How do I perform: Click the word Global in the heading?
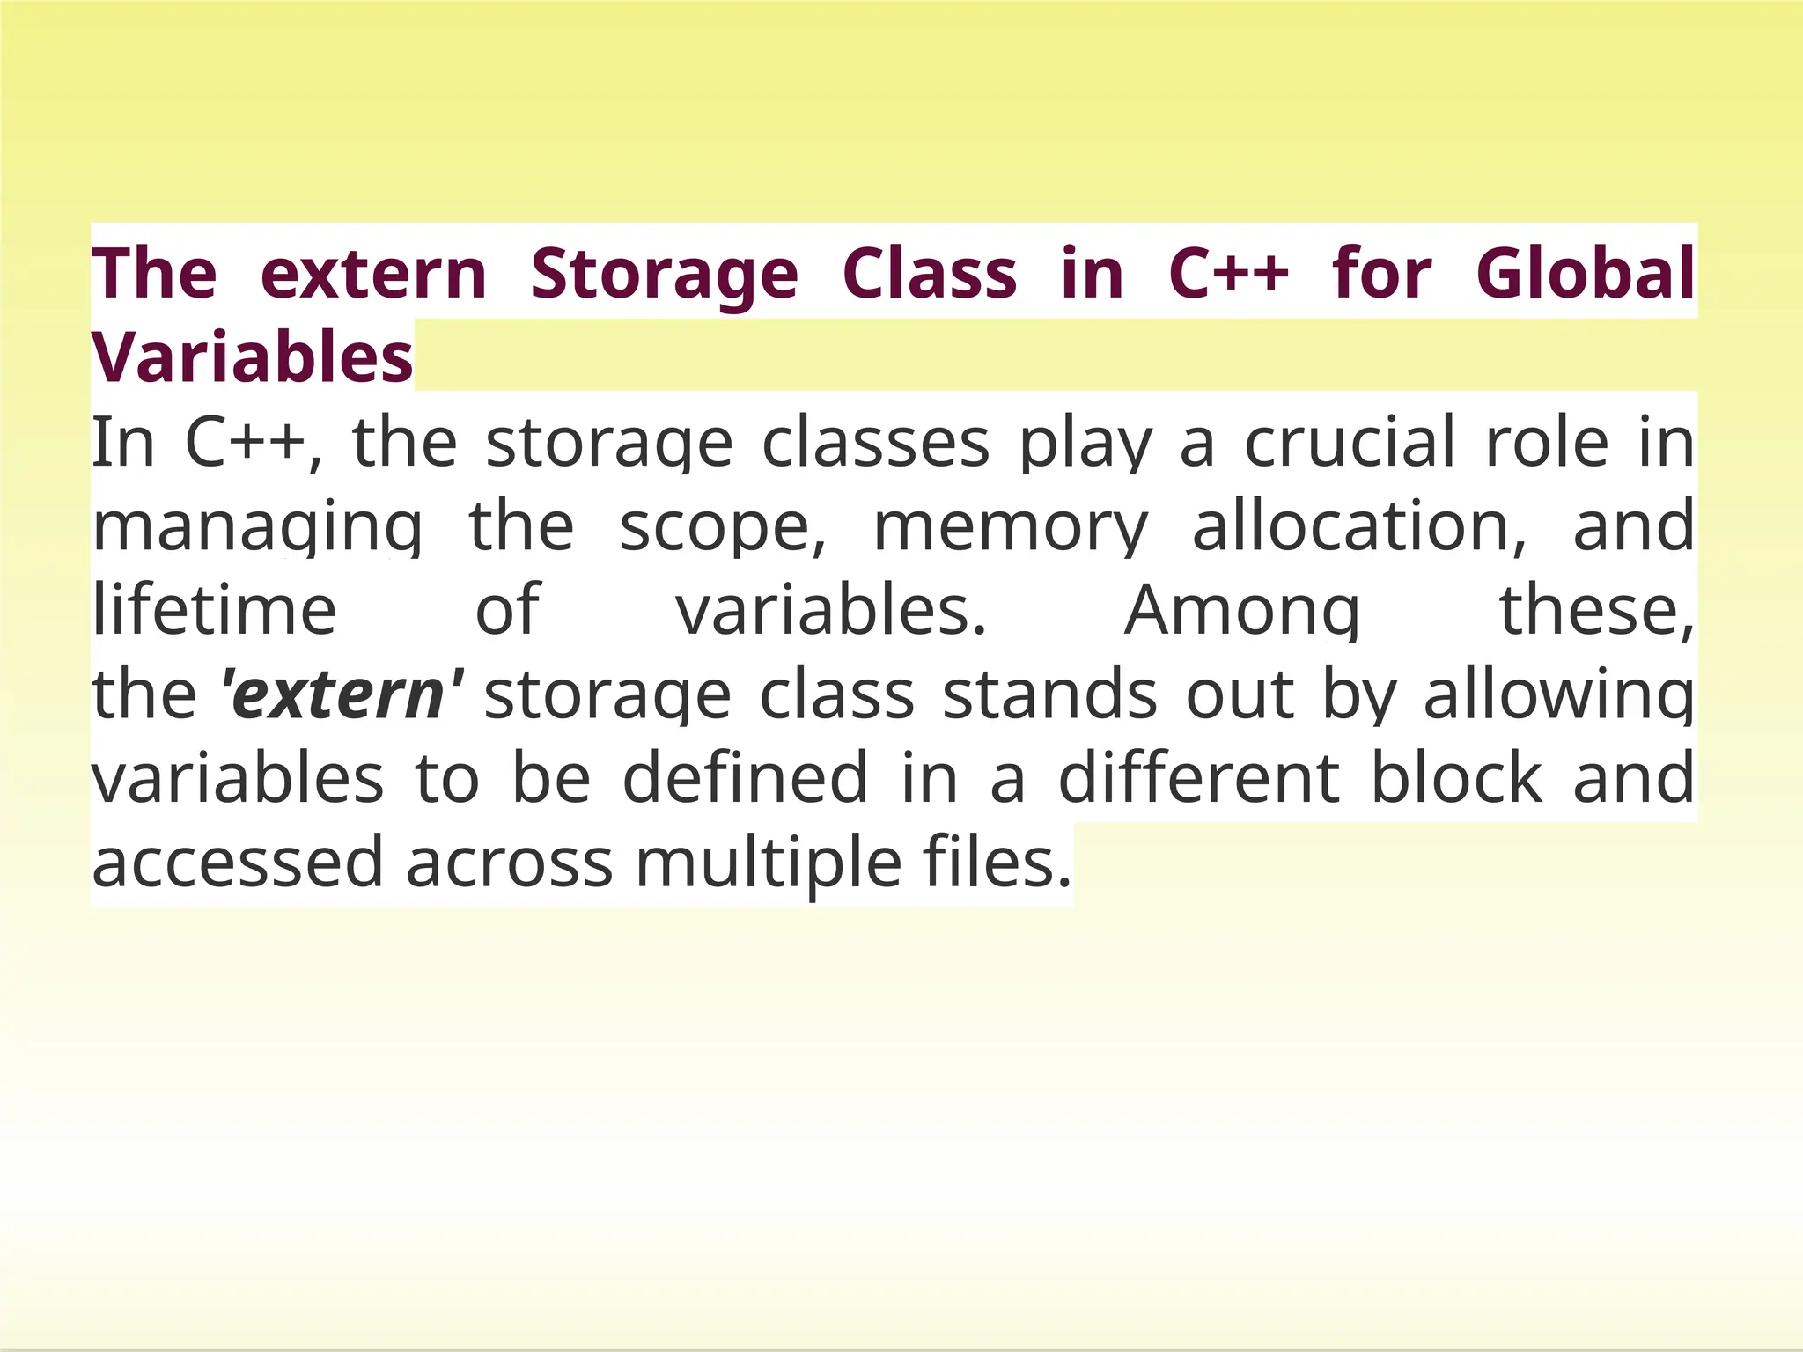tap(1585, 273)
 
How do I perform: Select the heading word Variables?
tap(253, 357)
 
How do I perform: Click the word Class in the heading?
tap(930, 273)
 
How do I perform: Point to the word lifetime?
tap(215, 609)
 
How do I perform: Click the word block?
tap(1457, 778)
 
